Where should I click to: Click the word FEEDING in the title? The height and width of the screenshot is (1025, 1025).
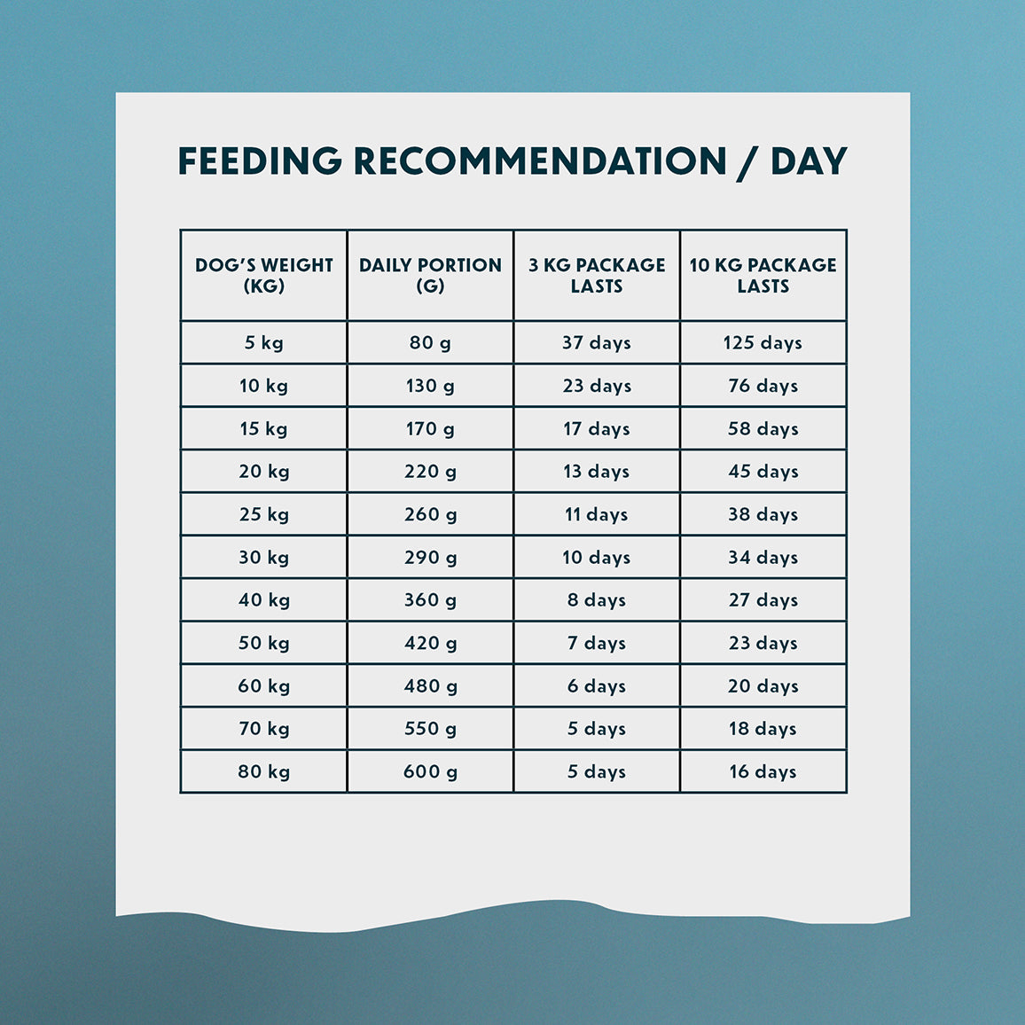259,161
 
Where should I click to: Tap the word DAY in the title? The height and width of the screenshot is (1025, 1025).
809,161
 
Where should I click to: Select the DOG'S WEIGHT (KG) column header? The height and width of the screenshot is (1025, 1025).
264,276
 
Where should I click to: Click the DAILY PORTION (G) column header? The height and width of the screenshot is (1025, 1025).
430,276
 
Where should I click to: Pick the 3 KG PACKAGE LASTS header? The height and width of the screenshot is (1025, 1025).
597,276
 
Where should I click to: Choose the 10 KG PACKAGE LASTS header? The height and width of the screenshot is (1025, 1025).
763,276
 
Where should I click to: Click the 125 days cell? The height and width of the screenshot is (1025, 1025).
763,343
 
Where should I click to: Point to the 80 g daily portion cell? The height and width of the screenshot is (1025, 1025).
430,343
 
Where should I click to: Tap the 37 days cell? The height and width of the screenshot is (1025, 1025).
597,343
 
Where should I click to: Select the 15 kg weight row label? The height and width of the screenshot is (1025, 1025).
263,429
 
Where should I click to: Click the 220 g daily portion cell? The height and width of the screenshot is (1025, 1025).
430,472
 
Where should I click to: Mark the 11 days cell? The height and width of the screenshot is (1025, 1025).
597,514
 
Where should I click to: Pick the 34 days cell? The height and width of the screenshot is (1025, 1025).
763,558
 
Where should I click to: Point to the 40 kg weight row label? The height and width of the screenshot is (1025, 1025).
263,600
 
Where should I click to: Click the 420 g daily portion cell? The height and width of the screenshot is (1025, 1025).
430,643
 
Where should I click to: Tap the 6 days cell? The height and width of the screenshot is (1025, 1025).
597,686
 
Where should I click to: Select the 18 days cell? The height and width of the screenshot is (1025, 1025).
763,729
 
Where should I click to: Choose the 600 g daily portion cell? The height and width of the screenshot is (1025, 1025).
430,771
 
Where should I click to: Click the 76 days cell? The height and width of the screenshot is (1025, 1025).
763,386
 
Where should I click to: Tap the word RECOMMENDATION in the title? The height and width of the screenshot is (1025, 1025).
540,161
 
